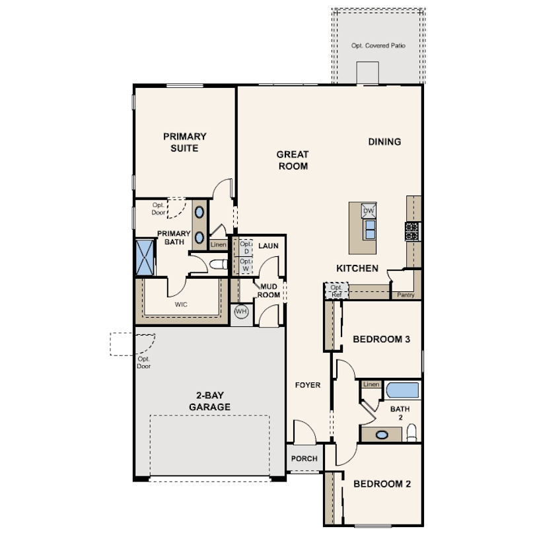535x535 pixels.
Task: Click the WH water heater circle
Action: coord(241,312)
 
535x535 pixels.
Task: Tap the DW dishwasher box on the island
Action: coord(369,211)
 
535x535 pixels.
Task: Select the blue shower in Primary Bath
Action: coord(145,258)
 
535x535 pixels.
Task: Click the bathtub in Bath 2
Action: coord(403,390)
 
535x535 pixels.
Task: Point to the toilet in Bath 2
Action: coord(412,433)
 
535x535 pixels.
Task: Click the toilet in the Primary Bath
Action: coord(219,264)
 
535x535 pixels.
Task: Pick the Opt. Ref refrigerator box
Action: coord(336,291)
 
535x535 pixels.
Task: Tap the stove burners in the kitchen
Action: coord(412,232)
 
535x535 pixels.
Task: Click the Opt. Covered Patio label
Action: coord(378,46)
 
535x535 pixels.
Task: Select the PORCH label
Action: coord(304,458)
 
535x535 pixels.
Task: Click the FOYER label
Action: coord(308,385)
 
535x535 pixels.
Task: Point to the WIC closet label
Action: coord(181,304)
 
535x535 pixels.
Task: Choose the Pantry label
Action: coord(406,295)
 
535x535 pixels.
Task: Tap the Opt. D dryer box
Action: coord(246,248)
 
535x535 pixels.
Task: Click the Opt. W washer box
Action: coord(246,265)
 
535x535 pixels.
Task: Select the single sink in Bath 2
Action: coord(382,435)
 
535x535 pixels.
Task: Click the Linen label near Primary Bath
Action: coord(219,244)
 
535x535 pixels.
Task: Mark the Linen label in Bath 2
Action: coord(371,384)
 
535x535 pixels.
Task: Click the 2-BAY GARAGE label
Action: coord(209,401)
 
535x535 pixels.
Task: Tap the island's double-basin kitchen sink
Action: coord(370,230)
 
